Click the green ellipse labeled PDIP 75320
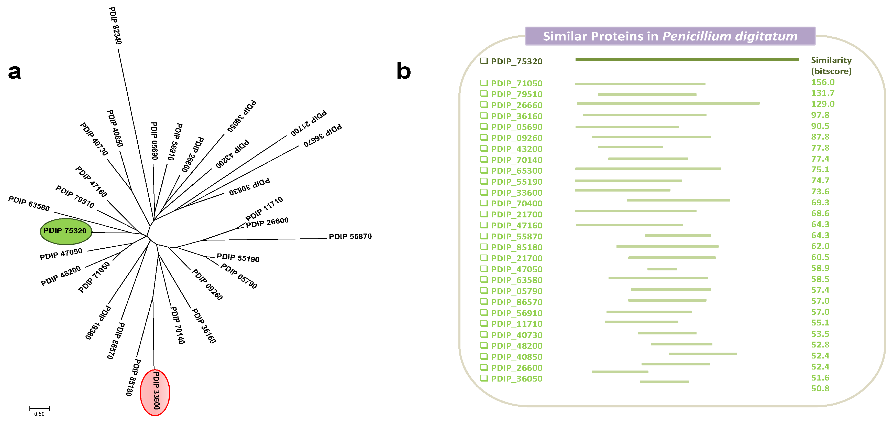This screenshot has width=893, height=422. [x=66, y=231]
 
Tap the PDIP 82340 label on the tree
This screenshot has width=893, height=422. [x=115, y=26]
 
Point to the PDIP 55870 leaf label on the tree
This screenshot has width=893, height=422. [x=350, y=237]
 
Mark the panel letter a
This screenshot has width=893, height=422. [x=15, y=72]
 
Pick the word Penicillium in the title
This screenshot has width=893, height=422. [x=696, y=36]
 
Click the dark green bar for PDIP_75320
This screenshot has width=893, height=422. [x=687, y=60]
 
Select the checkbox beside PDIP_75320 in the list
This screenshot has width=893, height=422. [x=484, y=61]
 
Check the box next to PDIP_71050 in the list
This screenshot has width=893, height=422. [x=484, y=83]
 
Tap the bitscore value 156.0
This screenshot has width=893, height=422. [x=823, y=82]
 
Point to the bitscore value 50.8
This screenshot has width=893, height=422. [x=820, y=388]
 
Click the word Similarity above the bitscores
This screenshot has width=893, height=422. [x=831, y=60]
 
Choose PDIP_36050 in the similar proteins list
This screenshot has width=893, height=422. [x=516, y=379]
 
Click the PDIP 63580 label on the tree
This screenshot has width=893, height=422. [x=29, y=203]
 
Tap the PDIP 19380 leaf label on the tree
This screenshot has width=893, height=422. [x=98, y=322]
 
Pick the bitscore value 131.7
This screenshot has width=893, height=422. [x=823, y=93]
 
